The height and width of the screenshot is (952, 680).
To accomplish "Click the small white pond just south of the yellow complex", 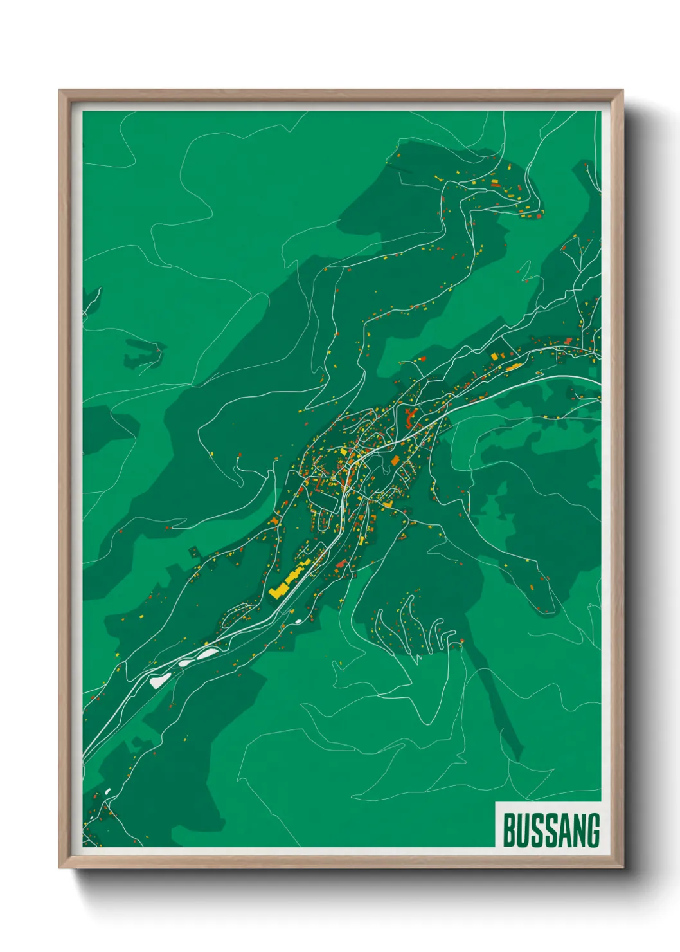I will pos(299,621).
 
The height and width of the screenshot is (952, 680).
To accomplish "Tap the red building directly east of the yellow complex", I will pos(341,564).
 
